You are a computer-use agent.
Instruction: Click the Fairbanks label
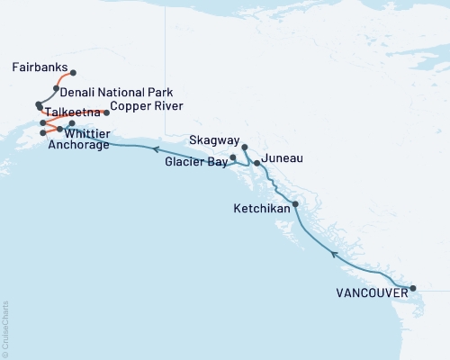[x=37, y=67]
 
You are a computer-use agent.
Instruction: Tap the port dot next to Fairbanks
[x=73, y=73]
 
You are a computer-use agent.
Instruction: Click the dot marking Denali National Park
[x=57, y=88]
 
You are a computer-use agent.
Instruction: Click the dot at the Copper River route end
[x=107, y=112]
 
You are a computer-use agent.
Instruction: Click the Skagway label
[x=215, y=142]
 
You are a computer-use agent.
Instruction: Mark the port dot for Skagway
[x=245, y=146]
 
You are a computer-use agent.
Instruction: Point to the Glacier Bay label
[x=194, y=163]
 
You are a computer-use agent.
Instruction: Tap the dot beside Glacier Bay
[x=233, y=157]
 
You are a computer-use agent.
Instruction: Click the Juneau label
[x=281, y=158]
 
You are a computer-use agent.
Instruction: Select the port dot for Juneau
[x=257, y=163]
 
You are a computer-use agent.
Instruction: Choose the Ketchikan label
[x=261, y=208]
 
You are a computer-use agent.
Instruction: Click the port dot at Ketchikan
[x=295, y=204]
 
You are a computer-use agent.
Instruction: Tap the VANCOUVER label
[x=369, y=292]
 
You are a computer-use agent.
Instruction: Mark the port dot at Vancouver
[x=413, y=289]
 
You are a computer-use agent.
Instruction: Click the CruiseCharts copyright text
[x=5, y=328]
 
